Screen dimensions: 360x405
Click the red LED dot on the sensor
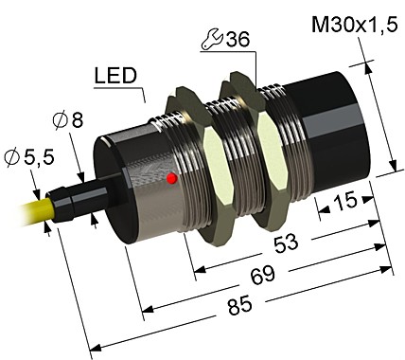[171, 177]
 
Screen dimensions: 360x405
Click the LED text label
[115, 75]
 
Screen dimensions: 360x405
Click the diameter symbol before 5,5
[12, 157]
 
